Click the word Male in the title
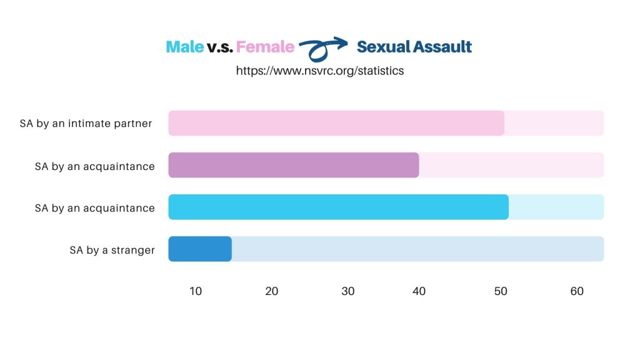pyautogui.click(x=184, y=47)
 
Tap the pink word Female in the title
pyautogui.click(x=265, y=47)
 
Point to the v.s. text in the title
pyautogui.click(x=220, y=47)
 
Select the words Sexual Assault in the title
pyautogui.click(x=414, y=47)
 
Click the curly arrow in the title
pyautogui.click(x=322, y=48)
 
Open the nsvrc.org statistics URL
pyautogui.click(x=319, y=71)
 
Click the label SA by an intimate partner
pyautogui.click(x=86, y=123)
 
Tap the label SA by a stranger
pyautogui.click(x=112, y=250)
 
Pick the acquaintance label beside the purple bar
pyautogui.click(x=94, y=166)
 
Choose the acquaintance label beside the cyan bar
pyautogui.click(x=94, y=208)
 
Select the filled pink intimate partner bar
pyautogui.click(x=336, y=123)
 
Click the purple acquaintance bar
pyautogui.click(x=293, y=165)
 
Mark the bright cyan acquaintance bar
pyautogui.click(x=338, y=207)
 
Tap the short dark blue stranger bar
pyautogui.click(x=200, y=249)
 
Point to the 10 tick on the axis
pyautogui.click(x=196, y=291)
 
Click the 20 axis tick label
pyautogui.click(x=272, y=291)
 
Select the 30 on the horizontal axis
pyautogui.click(x=348, y=291)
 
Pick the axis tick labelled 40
pyautogui.click(x=419, y=291)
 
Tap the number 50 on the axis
pyautogui.click(x=501, y=291)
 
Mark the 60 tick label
pyautogui.click(x=577, y=291)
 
